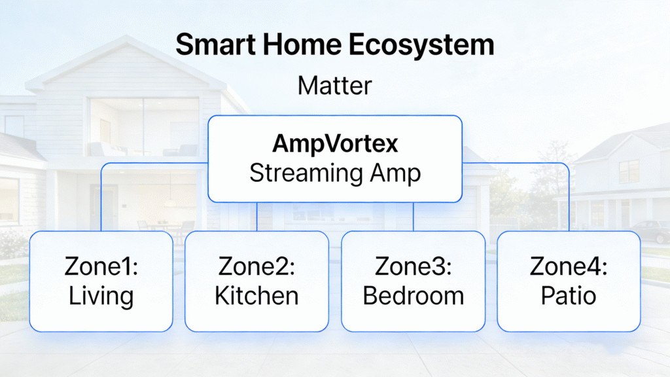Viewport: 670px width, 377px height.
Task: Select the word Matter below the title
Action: (x=334, y=86)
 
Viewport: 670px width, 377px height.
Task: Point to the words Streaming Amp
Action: (x=334, y=173)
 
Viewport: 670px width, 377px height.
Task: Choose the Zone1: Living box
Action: (x=101, y=281)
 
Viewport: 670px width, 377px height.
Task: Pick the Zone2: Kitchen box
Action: (x=256, y=281)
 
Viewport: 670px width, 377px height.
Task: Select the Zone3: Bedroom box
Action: (x=413, y=281)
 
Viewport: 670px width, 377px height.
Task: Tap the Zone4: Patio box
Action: (x=569, y=281)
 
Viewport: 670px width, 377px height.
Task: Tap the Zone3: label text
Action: (x=413, y=266)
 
